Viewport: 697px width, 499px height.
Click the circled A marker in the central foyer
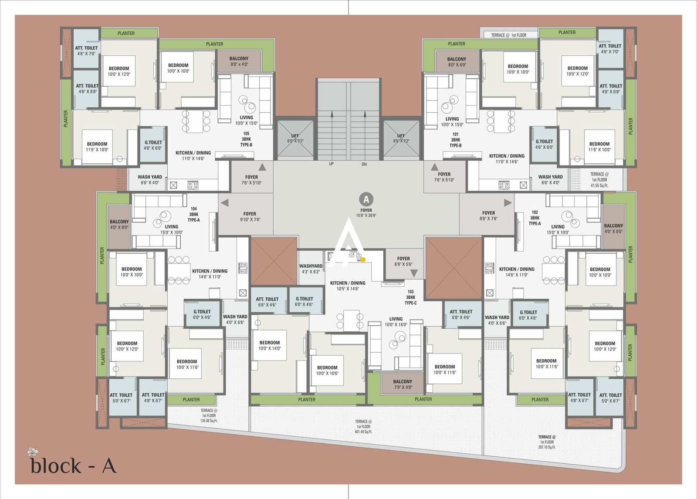[366, 199]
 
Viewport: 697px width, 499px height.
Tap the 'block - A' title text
[73, 465]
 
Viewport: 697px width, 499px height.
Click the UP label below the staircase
[331, 164]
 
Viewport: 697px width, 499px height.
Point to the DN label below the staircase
[364, 164]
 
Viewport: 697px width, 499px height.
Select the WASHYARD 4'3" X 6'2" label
[311, 269]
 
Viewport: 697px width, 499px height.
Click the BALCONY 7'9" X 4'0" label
[403, 384]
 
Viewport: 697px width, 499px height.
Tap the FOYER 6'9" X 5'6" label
[403, 261]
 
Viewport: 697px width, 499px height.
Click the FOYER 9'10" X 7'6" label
[250, 216]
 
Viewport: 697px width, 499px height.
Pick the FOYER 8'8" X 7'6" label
[488, 216]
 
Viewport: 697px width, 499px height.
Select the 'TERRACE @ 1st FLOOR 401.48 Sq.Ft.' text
[363, 426]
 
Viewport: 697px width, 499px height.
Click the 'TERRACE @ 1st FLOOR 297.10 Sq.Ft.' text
[547, 442]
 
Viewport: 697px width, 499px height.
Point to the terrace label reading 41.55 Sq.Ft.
[599, 179]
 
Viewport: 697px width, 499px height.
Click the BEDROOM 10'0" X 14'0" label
[270, 345]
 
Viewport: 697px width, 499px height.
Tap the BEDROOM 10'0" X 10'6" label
[327, 370]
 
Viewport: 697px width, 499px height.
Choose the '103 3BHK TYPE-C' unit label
[410, 297]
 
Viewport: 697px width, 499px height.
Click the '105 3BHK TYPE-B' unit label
[246, 139]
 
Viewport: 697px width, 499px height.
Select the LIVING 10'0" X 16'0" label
[396, 321]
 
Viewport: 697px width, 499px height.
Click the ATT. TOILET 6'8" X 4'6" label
[461, 314]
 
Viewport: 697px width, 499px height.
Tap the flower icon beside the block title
[32, 451]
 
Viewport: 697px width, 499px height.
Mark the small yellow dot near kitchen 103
[363, 260]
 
